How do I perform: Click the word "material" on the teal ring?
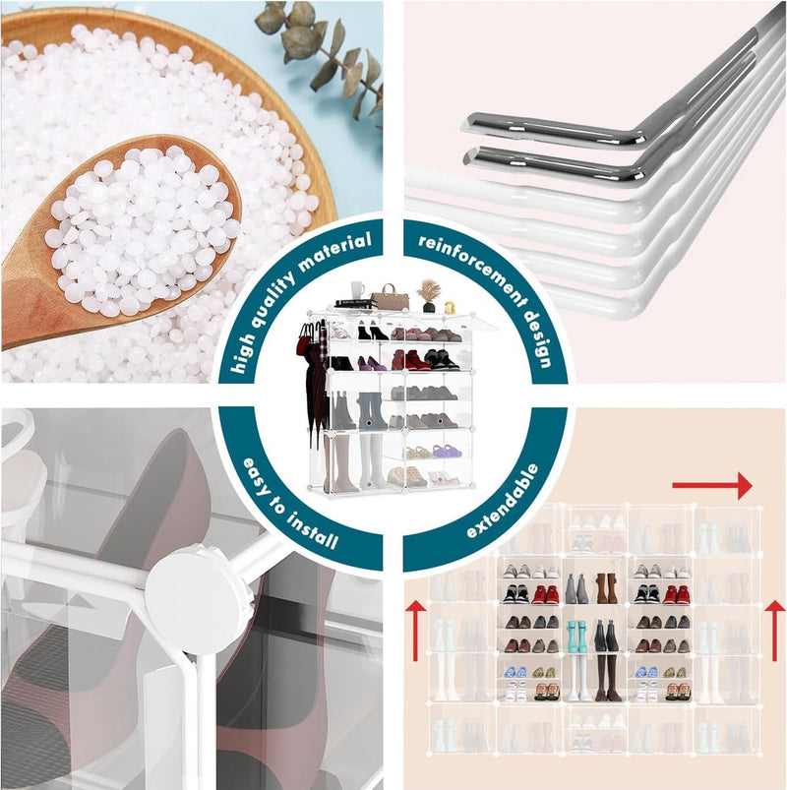coord(334,252)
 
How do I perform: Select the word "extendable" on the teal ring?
coord(502,502)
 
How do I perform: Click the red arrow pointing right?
coord(712,486)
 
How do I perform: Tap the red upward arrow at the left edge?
coord(416,630)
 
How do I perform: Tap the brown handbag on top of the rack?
coord(390,298)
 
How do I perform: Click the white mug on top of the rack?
coord(357,289)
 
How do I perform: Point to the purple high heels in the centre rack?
coord(372,363)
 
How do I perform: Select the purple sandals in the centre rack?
coord(447,451)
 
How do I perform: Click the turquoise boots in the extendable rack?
coord(577,637)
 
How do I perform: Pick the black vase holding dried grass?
coord(428,307)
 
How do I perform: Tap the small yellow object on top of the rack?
coord(450,307)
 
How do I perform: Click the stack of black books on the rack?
coord(356,303)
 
